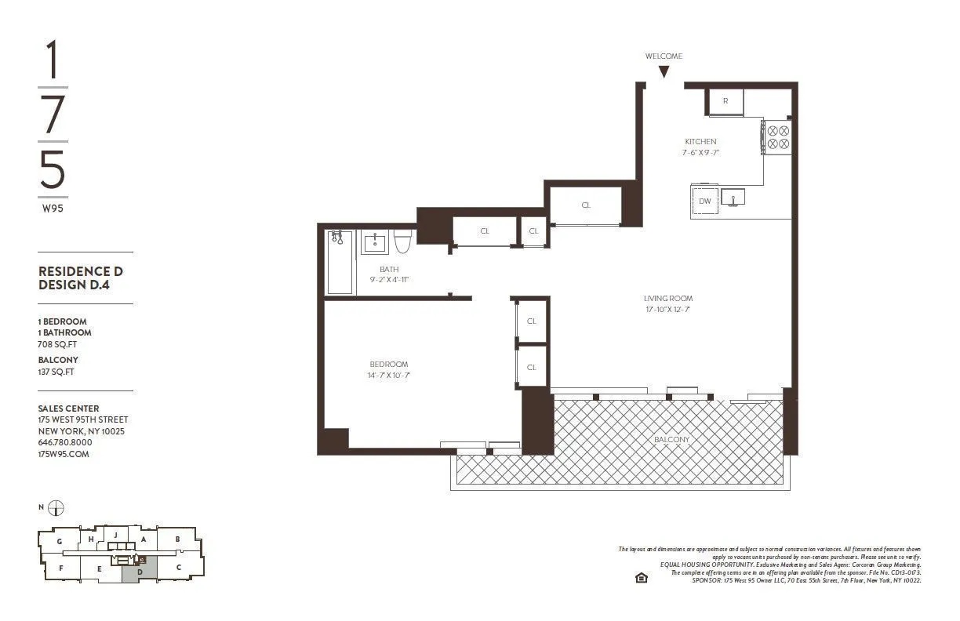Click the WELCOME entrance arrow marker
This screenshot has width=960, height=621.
click(x=664, y=71)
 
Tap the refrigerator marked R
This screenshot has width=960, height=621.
click(x=725, y=102)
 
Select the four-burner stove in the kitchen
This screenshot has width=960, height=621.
click(x=778, y=137)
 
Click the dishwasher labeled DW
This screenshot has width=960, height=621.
click(x=705, y=202)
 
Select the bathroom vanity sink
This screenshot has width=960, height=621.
click(x=374, y=242)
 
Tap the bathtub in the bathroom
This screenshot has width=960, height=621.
click(x=340, y=262)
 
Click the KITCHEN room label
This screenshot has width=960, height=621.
click(x=700, y=142)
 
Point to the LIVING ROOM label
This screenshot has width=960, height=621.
click(x=667, y=298)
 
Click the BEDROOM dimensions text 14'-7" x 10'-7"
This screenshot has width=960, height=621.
click(x=389, y=376)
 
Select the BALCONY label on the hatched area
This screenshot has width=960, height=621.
click(x=672, y=440)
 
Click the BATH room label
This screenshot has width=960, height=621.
click(x=389, y=269)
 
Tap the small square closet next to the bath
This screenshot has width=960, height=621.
click(x=533, y=231)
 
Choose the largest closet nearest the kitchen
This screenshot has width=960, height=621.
click(x=585, y=205)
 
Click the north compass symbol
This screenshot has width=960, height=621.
click(x=56, y=508)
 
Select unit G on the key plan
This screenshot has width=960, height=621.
click(x=59, y=541)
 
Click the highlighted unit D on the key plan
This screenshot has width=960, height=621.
click(x=139, y=572)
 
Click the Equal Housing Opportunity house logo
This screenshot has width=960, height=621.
click(x=641, y=578)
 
